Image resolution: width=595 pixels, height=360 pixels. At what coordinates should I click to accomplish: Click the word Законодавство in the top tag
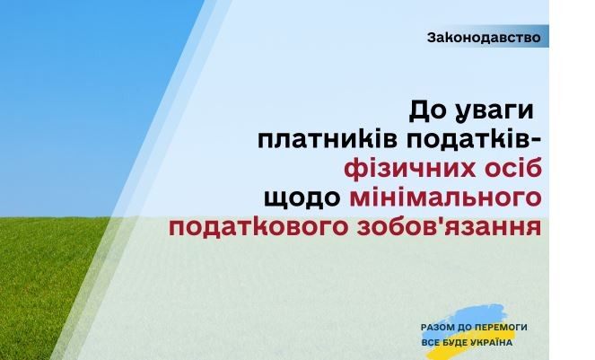(484, 38)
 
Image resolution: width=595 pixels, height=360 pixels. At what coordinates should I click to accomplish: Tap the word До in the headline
(429, 111)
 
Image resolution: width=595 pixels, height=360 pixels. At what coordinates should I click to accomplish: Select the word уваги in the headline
(494, 113)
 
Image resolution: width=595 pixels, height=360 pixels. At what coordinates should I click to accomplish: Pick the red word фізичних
(409, 170)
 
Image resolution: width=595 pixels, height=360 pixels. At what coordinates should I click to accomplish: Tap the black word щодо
(302, 198)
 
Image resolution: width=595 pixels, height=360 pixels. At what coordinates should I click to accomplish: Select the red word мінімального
(445, 198)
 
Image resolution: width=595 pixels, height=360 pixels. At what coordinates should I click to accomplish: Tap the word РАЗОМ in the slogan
(438, 328)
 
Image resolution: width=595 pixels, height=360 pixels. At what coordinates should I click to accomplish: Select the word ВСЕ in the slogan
(429, 343)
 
